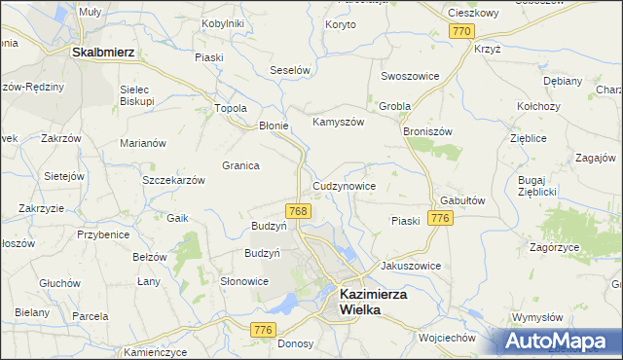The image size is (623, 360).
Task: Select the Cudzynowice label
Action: click(x=344, y=186)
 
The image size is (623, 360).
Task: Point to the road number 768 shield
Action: click(x=299, y=211)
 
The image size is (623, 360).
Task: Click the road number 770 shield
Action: click(x=462, y=32)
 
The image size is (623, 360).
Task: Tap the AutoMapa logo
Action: click(x=560, y=342)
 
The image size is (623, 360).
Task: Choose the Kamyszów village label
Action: click(x=337, y=123)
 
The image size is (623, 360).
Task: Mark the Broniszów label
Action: click(x=428, y=129)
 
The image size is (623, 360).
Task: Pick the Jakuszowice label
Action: click(x=411, y=266)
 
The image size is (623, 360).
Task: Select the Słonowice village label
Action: click(x=243, y=281)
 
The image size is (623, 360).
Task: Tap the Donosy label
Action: click(x=295, y=343)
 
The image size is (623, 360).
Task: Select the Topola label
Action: click(x=230, y=108)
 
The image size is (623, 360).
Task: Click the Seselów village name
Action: click(x=289, y=71)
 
